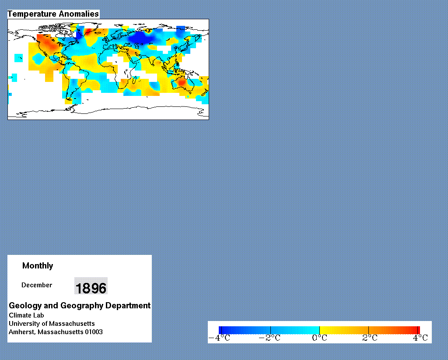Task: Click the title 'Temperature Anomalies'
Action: pyautogui.click(x=53, y=14)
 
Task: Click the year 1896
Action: pyautogui.click(x=91, y=288)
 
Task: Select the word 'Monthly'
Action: pyautogui.click(x=38, y=266)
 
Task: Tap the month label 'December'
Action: pyautogui.click(x=37, y=285)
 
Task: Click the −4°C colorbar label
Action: pyautogui.click(x=220, y=338)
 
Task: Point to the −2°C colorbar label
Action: pyautogui.click(x=269, y=338)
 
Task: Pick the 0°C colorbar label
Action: pyautogui.click(x=319, y=338)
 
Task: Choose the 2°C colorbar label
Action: pyautogui.click(x=370, y=338)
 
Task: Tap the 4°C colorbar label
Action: pyautogui.click(x=420, y=338)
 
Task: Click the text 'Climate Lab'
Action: pyautogui.click(x=26, y=315)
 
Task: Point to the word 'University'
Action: pyautogui.click(x=24, y=324)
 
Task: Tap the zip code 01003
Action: pyautogui.click(x=94, y=332)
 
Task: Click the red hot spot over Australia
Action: pyautogui.click(x=182, y=82)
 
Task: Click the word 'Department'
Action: pyautogui.click(x=128, y=306)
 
